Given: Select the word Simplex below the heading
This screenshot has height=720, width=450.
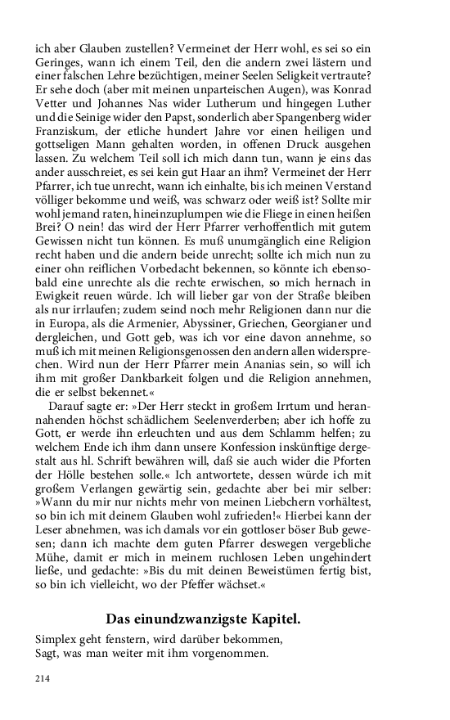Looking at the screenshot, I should (59, 637).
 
